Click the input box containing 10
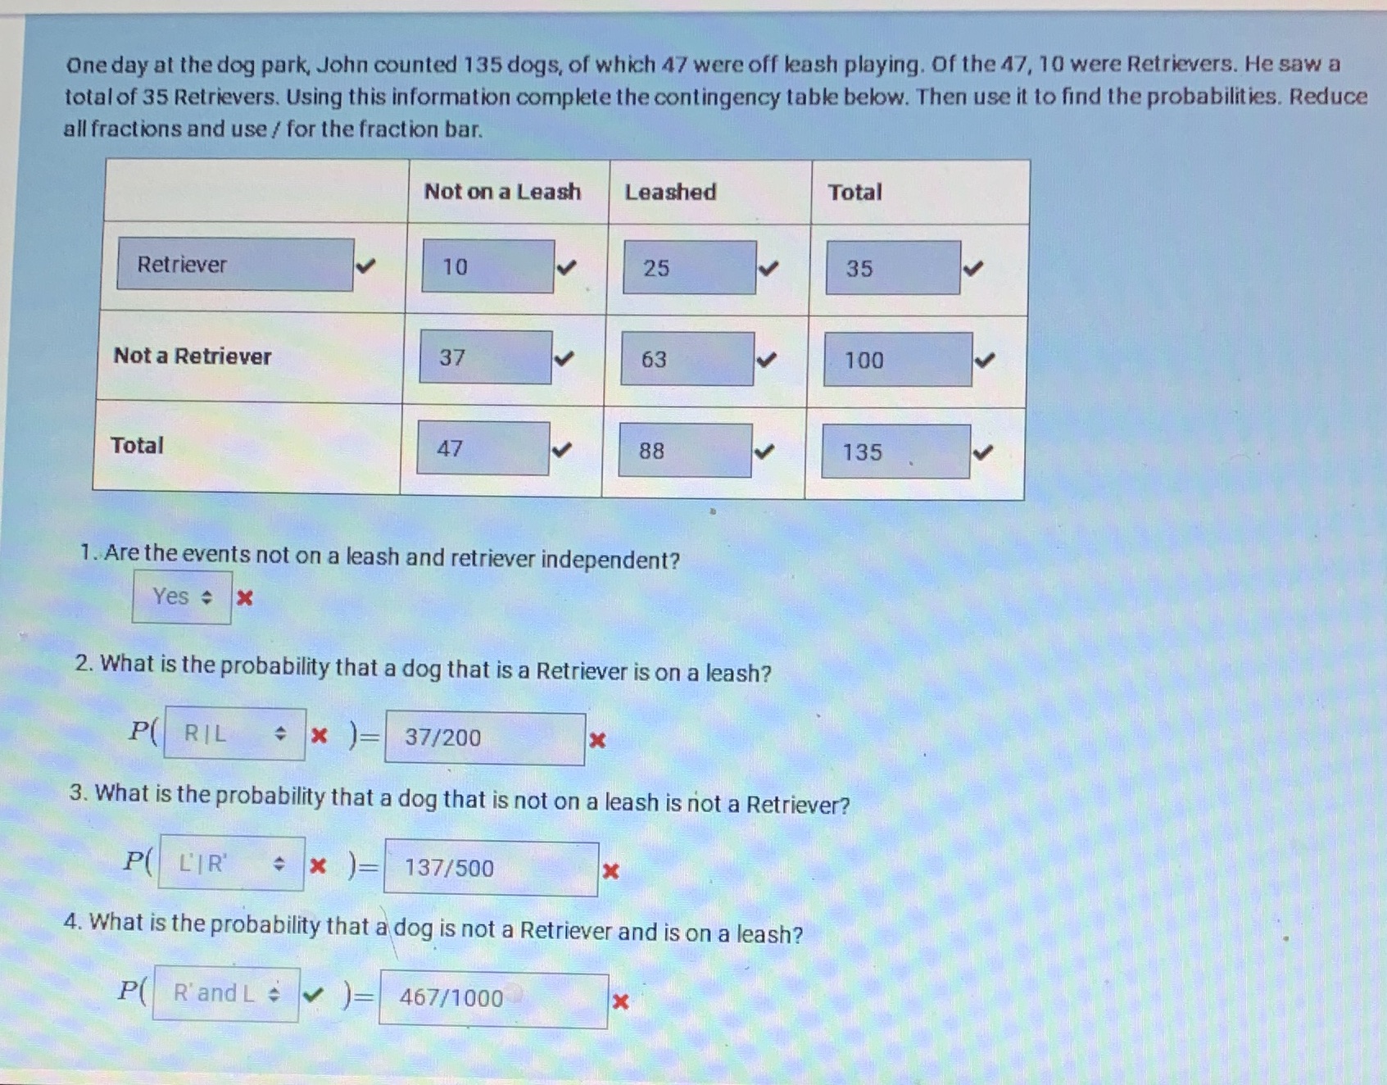coord(487,266)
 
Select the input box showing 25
coord(689,267)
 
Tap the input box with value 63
coord(687,359)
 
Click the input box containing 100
coord(897,360)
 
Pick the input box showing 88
coord(684,450)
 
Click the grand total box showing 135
coord(895,452)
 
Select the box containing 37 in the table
coord(485,357)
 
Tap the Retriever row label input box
coord(235,264)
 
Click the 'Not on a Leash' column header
coord(502,192)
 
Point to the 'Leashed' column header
coord(670,192)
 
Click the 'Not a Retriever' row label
coord(193,356)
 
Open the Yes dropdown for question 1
coord(182,597)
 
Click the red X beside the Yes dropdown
coord(244,597)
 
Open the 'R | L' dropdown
coord(234,733)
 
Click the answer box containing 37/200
coord(485,738)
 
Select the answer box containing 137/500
coord(491,868)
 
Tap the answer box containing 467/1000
coord(493,998)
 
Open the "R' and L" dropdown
coord(225,994)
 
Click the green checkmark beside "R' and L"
coord(312,996)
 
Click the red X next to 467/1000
coord(621,1001)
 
